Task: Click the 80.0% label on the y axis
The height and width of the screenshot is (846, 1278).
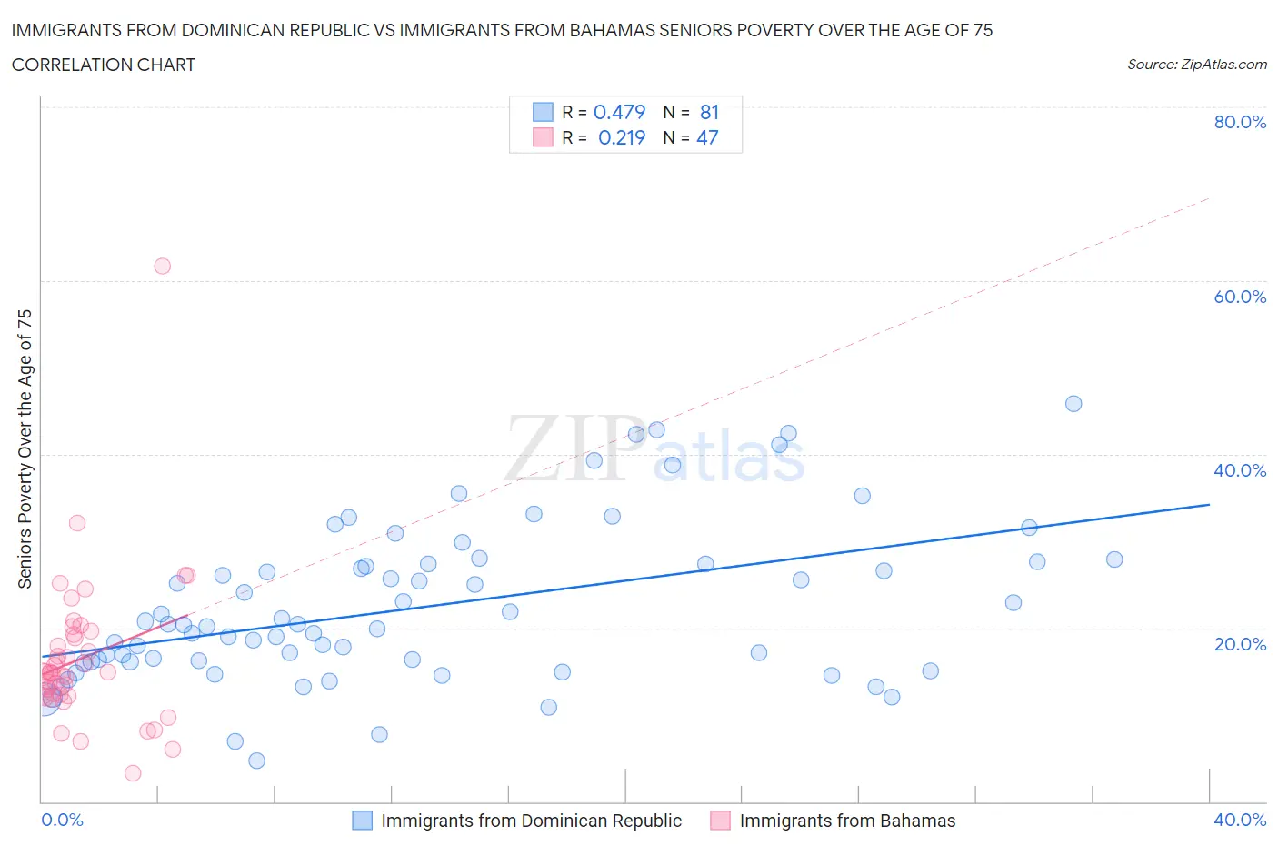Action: pos(1240,122)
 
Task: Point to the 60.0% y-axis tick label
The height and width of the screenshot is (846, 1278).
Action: pos(1240,297)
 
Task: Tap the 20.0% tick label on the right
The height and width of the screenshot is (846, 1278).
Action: pos(1240,644)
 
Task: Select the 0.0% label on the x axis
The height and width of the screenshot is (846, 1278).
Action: pos(62,820)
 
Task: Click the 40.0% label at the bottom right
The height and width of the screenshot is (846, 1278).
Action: pos(1240,820)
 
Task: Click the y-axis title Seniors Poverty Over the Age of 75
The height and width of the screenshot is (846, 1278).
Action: pos(25,448)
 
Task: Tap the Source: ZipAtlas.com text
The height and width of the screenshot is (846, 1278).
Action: pos(1196,65)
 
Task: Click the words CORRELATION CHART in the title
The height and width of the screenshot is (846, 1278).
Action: pos(104,65)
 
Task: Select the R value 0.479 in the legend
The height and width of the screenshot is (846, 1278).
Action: pos(619,112)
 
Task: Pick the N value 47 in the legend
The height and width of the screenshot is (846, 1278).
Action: pos(707,137)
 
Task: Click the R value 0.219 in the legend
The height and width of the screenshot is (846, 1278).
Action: pos(622,137)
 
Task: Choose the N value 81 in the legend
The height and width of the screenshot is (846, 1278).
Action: pos(709,112)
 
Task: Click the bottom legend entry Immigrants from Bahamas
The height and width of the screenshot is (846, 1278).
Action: pos(847,821)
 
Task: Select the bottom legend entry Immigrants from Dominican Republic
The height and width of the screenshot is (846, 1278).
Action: pos(531,821)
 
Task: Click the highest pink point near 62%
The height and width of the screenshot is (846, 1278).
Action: pos(162,266)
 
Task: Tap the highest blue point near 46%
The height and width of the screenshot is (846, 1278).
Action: pos(1073,404)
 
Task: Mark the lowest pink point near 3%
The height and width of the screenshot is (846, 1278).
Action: pos(133,773)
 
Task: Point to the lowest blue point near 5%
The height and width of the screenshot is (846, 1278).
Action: pos(256,760)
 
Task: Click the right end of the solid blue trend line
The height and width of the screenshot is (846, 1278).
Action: pos(1209,504)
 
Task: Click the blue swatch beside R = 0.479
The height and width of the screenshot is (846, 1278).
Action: pos(543,112)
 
